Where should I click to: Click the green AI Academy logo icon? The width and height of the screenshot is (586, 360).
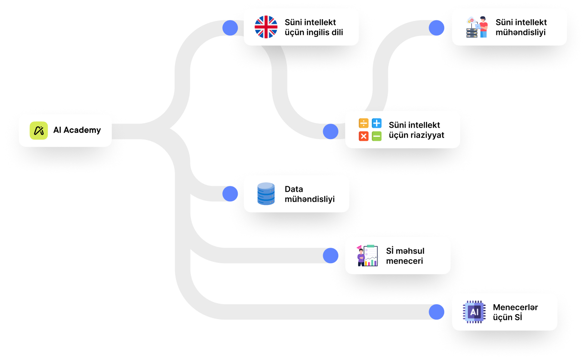[x=39, y=130]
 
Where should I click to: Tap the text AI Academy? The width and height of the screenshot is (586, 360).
[x=77, y=130]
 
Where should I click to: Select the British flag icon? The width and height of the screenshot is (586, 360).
[x=265, y=27]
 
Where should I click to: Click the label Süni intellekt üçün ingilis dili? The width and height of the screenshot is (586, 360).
[x=313, y=27]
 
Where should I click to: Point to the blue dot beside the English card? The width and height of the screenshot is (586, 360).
[x=230, y=28]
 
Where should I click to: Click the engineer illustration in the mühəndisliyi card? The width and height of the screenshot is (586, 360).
[x=477, y=27]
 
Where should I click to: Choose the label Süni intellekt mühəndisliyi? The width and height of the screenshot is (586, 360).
[x=521, y=27]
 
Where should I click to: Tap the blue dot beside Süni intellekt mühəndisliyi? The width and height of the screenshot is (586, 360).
[x=436, y=28]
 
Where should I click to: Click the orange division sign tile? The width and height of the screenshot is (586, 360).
[x=364, y=123]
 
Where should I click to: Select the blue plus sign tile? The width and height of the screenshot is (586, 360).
[x=376, y=123]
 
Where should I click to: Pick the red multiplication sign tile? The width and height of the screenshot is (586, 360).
[x=364, y=136]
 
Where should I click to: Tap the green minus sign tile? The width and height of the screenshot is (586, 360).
[x=376, y=136]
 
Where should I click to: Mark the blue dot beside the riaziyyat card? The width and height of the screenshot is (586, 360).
[x=331, y=132]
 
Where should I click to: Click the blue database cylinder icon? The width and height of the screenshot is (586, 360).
[x=266, y=194]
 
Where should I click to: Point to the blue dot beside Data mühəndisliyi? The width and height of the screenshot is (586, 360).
[x=230, y=194]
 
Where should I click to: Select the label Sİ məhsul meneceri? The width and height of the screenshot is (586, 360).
[x=405, y=256]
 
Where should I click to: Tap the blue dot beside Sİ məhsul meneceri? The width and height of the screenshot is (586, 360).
[x=331, y=255]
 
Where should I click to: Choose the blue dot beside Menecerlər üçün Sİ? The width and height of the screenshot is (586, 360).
[x=436, y=312]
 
